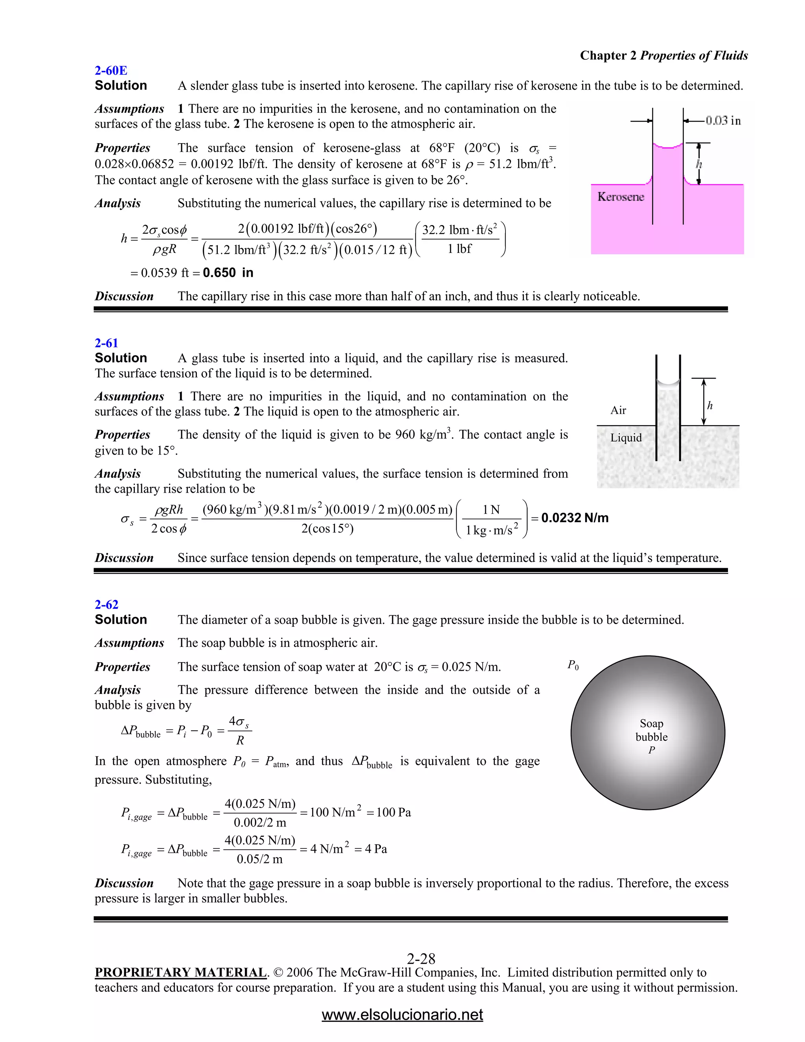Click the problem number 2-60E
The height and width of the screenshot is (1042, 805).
pyautogui.click(x=110, y=71)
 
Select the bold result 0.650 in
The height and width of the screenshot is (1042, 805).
pyautogui.click(x=228, y=273)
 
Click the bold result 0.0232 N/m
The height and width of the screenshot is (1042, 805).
pyautogui.click(x=575, y=518)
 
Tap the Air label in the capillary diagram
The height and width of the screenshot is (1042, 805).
pyautogui.click(x=618, y=410)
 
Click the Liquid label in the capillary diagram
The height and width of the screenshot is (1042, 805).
pyautogui.click(x=626, y=438)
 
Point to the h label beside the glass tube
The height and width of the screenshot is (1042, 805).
pyautogui.click(x=709, y=405)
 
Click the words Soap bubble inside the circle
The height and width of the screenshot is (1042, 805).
pyautogui.click(x=651, y=730)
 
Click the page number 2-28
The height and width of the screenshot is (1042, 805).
pyautogui.click(x=421, y=959)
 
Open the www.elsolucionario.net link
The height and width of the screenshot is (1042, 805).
pyautogui.click(x=402, y=1014)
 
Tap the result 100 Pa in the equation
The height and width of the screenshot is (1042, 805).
pyautogui.click(x=393, y=812)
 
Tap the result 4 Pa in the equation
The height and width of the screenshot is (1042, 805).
pyautogui.click(x=376, y=849)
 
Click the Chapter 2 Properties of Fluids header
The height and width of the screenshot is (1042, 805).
pyautogui.click(x=663, y=55)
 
